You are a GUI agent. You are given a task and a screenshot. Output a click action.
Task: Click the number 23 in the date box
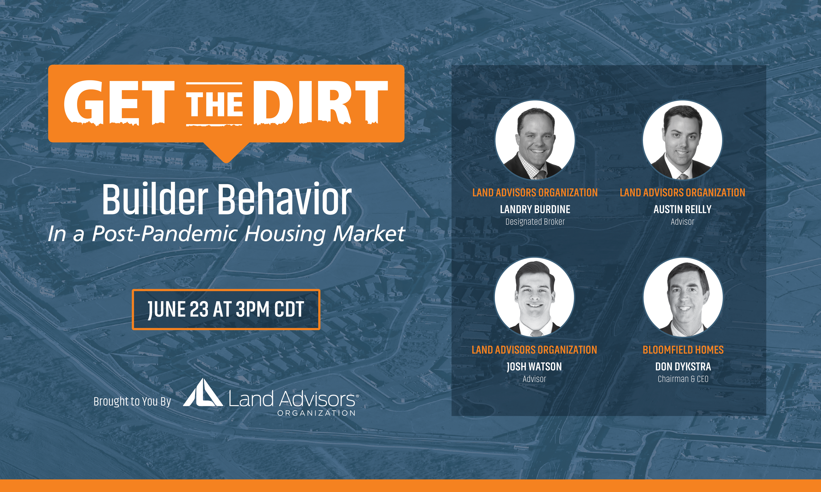point(199,309)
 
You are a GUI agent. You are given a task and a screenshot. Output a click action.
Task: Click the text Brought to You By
point(132,402)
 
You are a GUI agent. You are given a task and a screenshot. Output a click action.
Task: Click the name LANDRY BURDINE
point(535,209)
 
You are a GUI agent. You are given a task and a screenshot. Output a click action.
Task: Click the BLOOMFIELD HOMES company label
point(683,350)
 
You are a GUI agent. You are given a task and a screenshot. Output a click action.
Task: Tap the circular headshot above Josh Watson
point(534,297)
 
